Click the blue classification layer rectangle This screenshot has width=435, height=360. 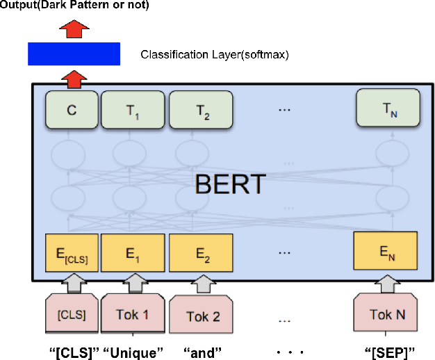point(74,54)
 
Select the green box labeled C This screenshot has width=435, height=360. point(72,110)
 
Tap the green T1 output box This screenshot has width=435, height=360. point(133,110)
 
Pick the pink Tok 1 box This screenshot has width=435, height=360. point(135,314)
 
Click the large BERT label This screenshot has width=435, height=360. point(229,184)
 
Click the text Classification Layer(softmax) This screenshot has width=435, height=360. point(215,54)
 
